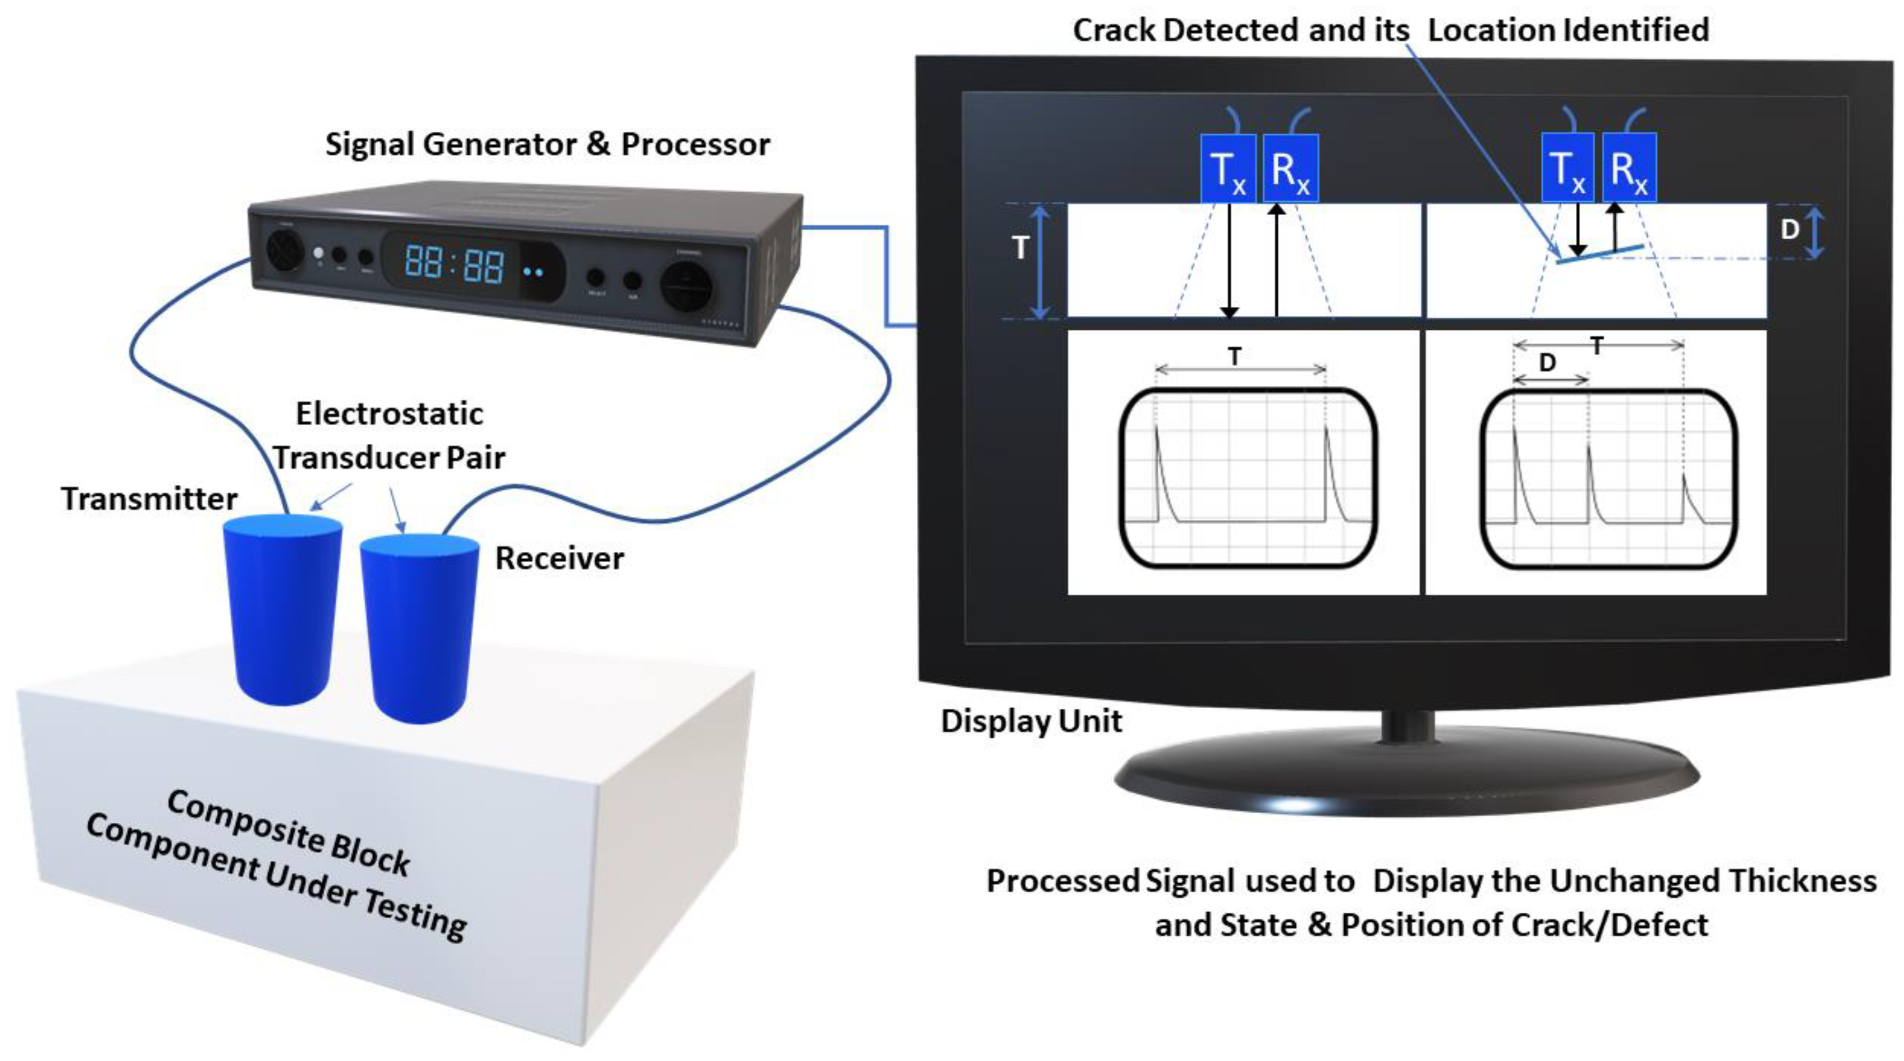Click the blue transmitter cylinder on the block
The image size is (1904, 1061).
click(x=282, y=610)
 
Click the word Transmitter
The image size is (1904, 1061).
click(x=149, y=499)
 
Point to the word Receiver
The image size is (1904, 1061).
click(x=559, y=558)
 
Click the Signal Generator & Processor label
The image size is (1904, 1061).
click(x=547, y=144)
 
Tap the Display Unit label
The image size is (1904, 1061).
click(x=1031, y=721)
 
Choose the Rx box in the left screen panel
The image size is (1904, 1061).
click(x=1291, y=169)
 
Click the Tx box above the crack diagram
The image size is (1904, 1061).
click(x=1567, y=169)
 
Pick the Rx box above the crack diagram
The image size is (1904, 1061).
click(x=1629, y=169)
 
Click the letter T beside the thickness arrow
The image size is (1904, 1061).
click(x=1021, y=248)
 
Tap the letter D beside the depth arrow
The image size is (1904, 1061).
click(x=1789, y=230)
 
